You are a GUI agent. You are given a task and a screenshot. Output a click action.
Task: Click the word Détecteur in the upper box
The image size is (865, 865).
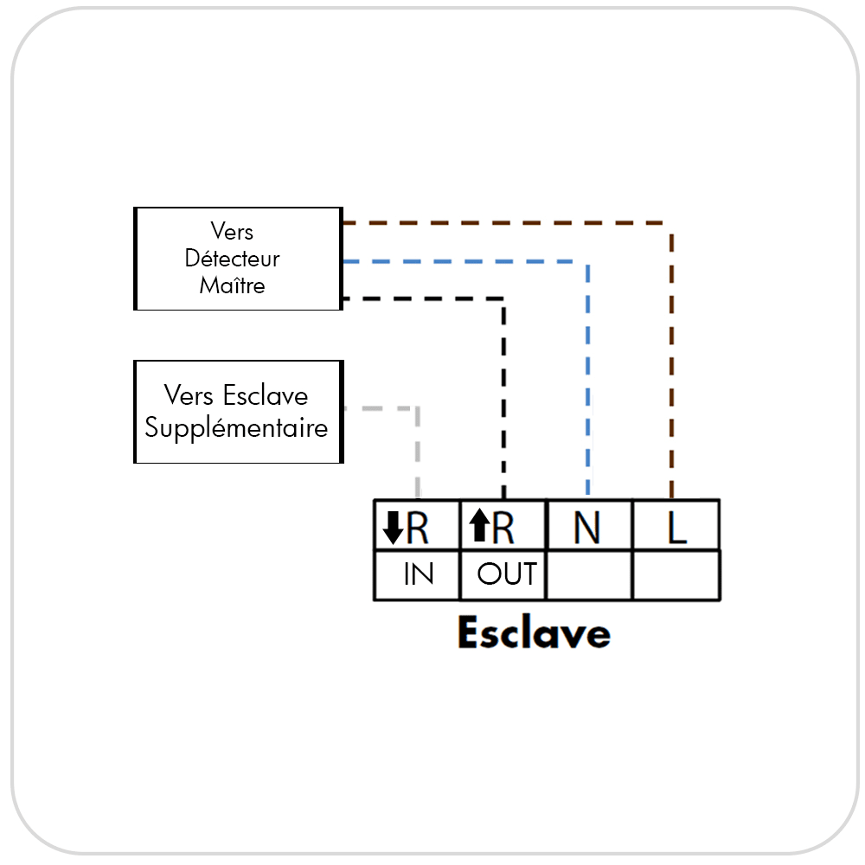tap(232, 258)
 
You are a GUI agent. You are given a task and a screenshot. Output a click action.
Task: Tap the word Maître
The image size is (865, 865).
tap(232, 285)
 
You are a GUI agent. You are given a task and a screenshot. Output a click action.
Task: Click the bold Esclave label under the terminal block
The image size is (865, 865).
tap(534, 632)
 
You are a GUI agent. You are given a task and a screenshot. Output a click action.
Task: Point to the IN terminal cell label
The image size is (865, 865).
tap(419, 573)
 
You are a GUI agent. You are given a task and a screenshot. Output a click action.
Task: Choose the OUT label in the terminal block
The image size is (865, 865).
tap(507, 573)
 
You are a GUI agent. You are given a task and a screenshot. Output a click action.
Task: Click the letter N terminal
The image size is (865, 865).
tap(586, 528)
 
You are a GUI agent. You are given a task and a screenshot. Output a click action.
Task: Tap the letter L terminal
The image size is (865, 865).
tap(677, 528)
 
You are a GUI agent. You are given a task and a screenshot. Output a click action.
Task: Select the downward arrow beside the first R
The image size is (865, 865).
tap(393, 528)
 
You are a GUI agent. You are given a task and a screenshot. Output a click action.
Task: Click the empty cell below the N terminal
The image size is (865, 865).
tap(588, 574)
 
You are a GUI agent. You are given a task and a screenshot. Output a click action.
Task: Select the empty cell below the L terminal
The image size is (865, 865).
tap(676, 574)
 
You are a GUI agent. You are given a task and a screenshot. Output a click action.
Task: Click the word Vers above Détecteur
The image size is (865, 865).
tap(232, 231)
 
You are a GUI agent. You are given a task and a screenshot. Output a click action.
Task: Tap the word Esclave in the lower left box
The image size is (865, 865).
tap(266, 395)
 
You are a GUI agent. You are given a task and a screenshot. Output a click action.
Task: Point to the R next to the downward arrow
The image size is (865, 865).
tap(417, 528)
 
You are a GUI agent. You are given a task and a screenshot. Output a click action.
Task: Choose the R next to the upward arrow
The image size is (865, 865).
tap(503, 528)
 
